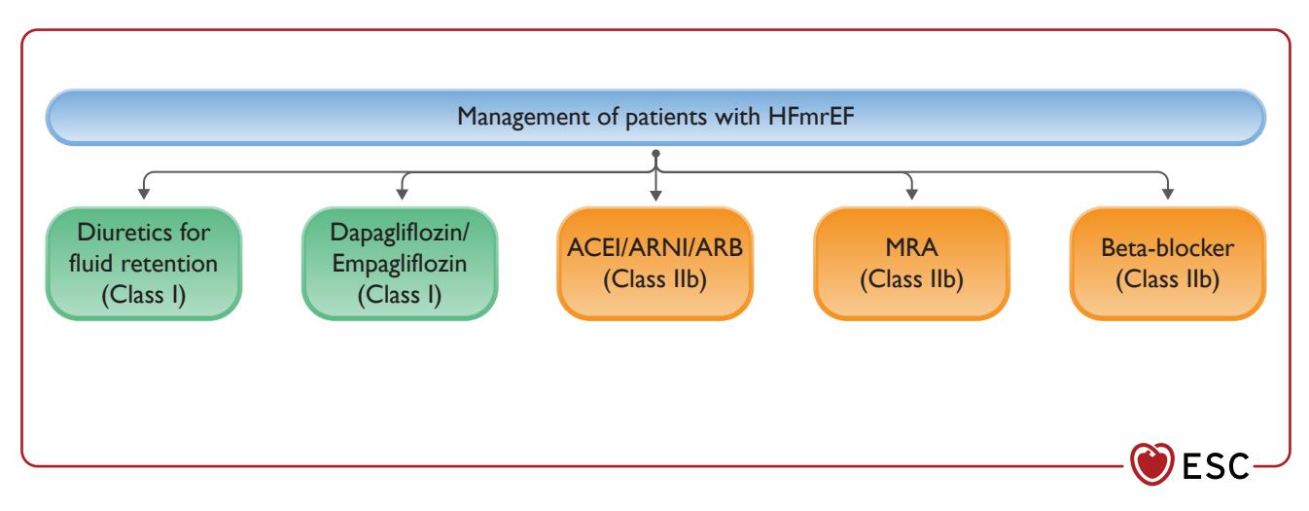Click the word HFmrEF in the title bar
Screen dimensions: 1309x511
pos(811,116)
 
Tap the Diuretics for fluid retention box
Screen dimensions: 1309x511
pos(144,263)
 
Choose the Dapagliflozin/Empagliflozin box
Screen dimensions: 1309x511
pos(400,263)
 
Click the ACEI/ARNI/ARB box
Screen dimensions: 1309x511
pos(655,263)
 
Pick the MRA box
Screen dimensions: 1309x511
pos(911,263)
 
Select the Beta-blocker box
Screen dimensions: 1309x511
pos(1168,263)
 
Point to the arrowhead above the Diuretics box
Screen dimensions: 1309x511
pos(144,194)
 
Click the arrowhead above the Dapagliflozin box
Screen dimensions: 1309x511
pos(402,194)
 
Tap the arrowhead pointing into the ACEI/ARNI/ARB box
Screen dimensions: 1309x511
pos(655,195)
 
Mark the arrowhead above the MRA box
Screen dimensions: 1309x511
pos(911,194)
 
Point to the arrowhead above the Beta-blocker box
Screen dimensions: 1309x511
pos(1168,194)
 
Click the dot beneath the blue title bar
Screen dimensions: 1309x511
pos(655,153)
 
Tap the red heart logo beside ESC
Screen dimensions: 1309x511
pos(1151,464)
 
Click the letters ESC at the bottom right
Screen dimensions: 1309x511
pos(1216,466)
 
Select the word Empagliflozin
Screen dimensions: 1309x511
pos(400,265)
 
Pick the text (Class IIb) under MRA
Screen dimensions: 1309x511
pos(911,279)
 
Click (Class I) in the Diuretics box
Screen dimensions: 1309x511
pos(144,295)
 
